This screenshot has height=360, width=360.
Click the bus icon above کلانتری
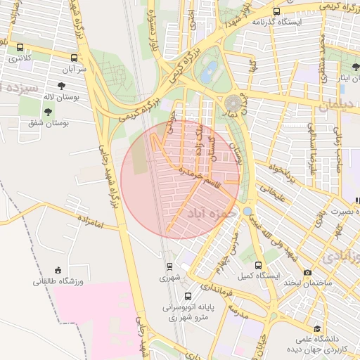pyautogui.click(x=20, y=48)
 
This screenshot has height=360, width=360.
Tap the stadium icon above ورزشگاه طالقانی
pyautogui.click(x=58, y=271)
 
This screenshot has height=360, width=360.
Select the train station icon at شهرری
pyautogui.click(x=169, y=266)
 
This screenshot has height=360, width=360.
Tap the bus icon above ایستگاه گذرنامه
pyautogui.click(x=276, y=12)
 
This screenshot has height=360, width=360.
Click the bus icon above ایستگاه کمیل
pyautogui.click(x=259, y=265)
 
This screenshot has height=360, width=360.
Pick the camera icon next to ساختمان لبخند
pyautogui.click(x=307, y=272)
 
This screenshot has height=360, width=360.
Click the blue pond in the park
pyautogui.click(x=209, y=70)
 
